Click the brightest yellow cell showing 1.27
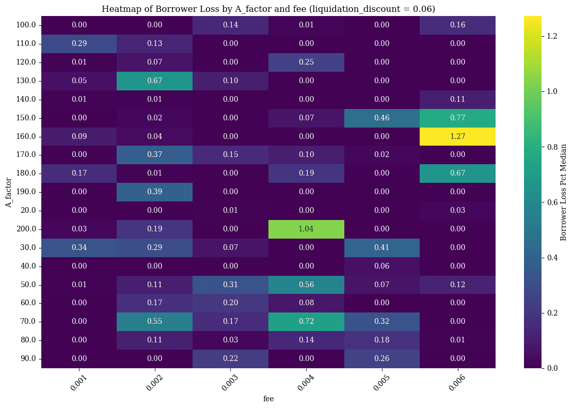pos(457,136)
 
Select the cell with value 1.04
pos(306,229)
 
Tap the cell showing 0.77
pos(457,118)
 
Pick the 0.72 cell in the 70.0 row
pos(306,321)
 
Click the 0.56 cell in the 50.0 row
pos(306,285)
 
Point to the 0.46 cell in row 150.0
pos(382,118)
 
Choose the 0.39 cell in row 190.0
pos(155,192)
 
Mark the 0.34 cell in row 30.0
pos(79,247)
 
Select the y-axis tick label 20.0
pos(29,210)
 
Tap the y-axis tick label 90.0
pos(29,358)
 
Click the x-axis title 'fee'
pos(268,399)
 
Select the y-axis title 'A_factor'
pos(9,192)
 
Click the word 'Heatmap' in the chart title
pos(119,9)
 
